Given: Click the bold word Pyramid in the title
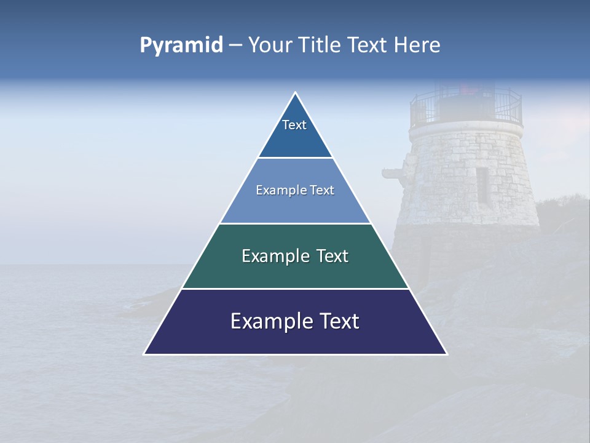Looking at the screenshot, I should coord(181,46).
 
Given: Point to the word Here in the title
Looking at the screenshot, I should coord(417,46).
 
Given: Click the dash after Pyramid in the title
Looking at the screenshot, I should coord(235,46).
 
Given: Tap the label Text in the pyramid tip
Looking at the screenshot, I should coord(294,125).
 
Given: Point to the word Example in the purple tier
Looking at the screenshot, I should coord(271,321).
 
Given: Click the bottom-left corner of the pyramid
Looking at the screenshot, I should coord(144,354).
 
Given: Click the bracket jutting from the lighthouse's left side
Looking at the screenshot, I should coord(393,173).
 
